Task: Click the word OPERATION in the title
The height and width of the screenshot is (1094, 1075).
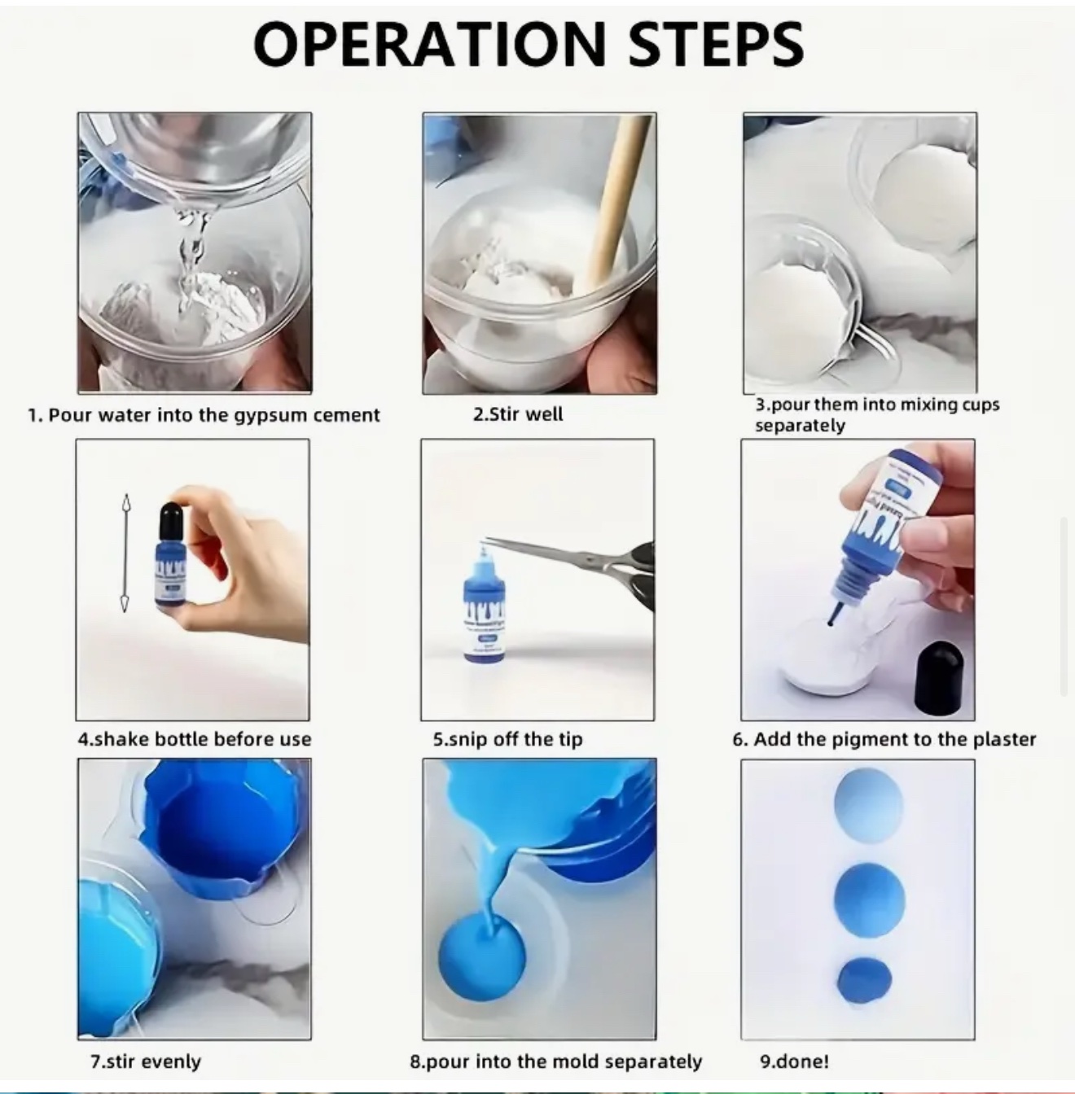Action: (x=429, y=44)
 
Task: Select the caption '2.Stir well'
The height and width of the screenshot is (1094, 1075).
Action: (x=518, y=414)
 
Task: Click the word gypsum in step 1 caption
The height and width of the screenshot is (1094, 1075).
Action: (x=271, y=416)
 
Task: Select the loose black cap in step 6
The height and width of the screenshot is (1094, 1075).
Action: (x=940, y=677)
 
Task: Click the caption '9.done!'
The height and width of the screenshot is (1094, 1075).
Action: (x=794, y=1061)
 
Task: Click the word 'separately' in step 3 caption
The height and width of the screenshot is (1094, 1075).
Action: (x=800, y=426)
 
